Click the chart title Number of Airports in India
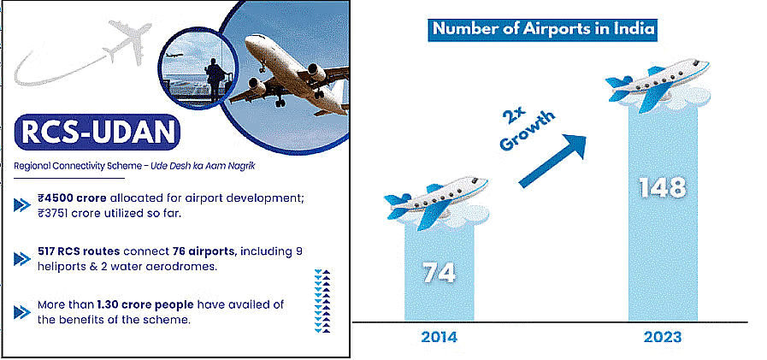(544, 29)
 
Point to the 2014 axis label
(438, 337)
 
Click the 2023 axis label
(664, 337)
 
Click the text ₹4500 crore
(71, 198)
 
